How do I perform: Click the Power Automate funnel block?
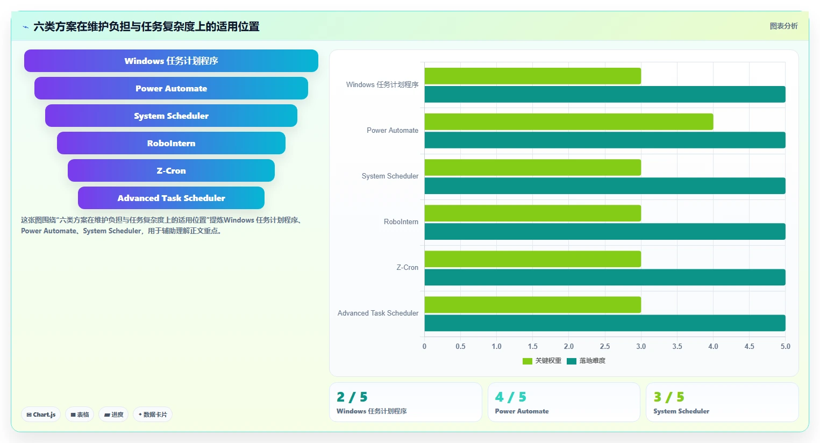coord(171,88)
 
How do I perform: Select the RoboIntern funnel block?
coord(171,143)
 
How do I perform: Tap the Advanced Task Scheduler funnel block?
coord(171,198)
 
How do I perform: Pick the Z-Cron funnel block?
coord(171,170)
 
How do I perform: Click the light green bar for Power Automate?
coord(569,122)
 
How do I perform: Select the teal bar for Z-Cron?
coord(605,277)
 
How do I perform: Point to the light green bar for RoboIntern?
coord(533,213)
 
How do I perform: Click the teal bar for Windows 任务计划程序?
coord(605,94)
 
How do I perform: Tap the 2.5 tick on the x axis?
coord(605,346)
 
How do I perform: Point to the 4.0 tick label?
coord(713,346)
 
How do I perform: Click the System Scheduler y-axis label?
coord(390,176)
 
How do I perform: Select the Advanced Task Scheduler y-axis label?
coord(378,313)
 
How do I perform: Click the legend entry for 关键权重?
coord(542,361)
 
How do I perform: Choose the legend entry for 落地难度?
coord(586,361)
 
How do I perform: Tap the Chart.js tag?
coord(41,415)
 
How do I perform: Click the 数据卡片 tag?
coord(153,415)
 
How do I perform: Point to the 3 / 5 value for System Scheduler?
coord(669,397)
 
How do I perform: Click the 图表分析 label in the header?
coord(784,26)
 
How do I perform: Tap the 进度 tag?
coord(113,415)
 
